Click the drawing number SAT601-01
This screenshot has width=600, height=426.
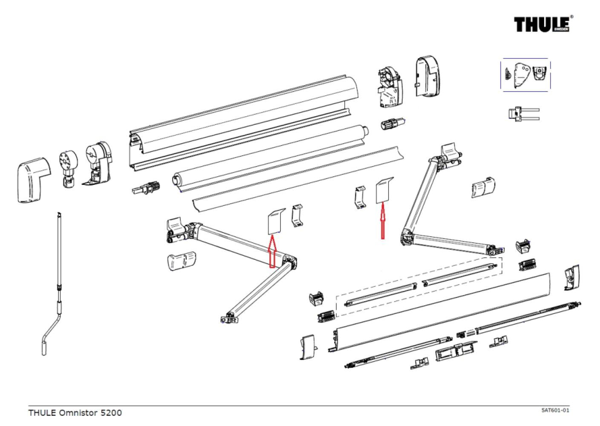click(555, 410)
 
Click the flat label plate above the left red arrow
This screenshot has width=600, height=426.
click(276, 222)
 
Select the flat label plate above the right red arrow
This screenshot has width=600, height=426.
click(384, 190)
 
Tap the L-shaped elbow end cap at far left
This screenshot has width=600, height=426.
click(33, 180)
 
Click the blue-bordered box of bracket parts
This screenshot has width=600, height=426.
click(525, 75)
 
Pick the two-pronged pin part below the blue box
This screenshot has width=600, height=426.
click(523, 114)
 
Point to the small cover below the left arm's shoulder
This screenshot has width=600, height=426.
click(182, 261)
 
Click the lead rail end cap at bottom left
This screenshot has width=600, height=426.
click(308, 347)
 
